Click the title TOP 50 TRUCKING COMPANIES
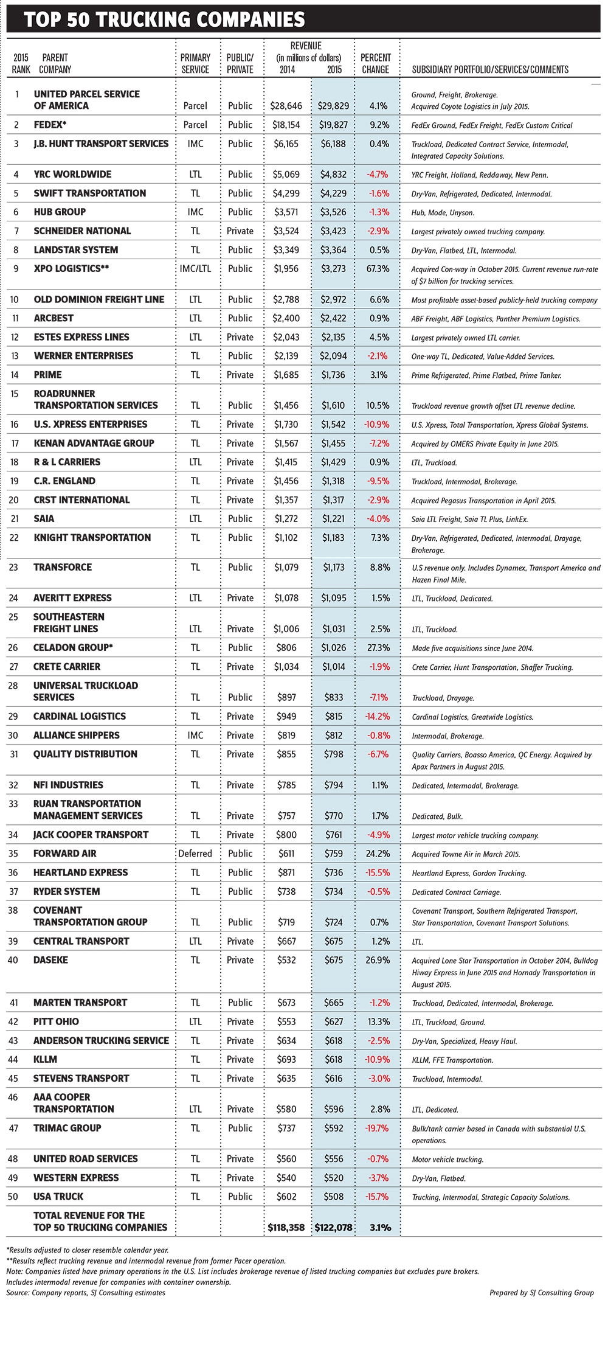click(165, 20)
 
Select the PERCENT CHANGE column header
click(375, 63)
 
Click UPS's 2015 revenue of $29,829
click(333, 106)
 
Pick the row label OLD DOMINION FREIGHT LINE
click(99, 299)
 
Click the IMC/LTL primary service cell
click(195, 269)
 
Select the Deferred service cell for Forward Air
click(195, 854)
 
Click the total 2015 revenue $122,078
click(333, 1228)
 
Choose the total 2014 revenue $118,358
click(286, 1228)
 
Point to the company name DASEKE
click(51, 960)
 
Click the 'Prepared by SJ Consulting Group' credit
click(541, 1293)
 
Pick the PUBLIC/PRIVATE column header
click(240, 63)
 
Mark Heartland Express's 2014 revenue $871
click(286, 872)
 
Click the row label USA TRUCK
click(58, 1197)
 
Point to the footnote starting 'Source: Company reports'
click(86, 1293)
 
